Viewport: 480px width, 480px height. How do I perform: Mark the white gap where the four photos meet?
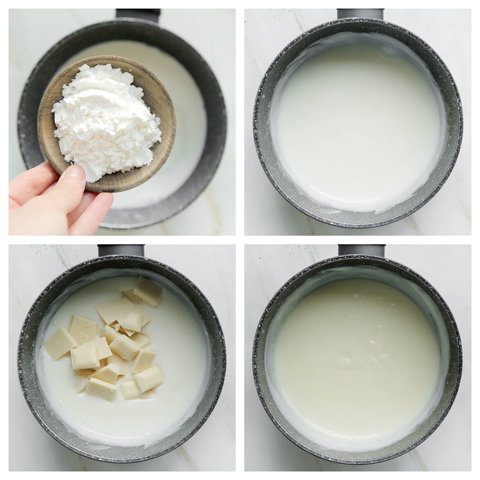[x=240, y=240]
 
